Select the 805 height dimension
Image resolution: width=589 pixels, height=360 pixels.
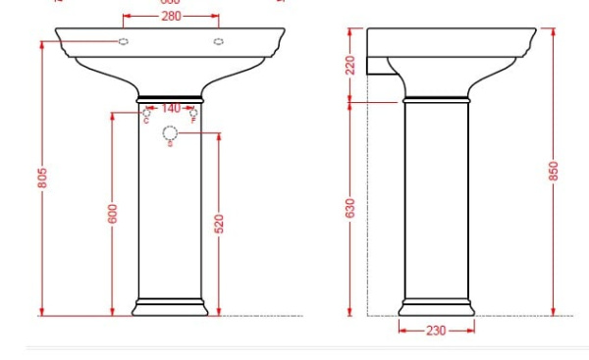point(43,178)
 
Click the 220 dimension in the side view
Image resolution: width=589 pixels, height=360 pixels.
point(349,65)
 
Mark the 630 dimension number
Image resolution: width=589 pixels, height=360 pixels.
point(349,208)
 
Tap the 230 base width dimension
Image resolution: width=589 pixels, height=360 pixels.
point(436,331)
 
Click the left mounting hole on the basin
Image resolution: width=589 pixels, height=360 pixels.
point(124,41)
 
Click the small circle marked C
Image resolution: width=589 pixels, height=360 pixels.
point(146,114)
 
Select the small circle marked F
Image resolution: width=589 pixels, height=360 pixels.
point(193,114)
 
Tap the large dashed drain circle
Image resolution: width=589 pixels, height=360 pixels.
point(170,132)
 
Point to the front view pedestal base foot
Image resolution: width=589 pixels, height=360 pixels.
point(170,307)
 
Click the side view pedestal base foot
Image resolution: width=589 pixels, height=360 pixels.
point(436,307)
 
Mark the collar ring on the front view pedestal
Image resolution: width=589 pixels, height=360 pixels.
point(170,99)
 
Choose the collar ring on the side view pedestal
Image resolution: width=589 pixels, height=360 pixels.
point(436,99)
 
